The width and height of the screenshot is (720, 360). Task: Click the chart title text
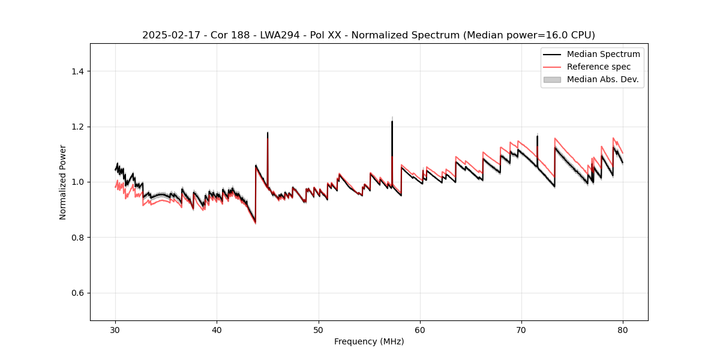[x=368, y=35]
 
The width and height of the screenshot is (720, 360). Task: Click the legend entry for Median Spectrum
[x=603, y=54]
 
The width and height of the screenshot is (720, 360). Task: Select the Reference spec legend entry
[x=598, y=67]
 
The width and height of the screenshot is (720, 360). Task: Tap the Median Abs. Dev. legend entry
[x=602, y=79]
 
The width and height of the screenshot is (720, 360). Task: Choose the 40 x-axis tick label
[x=217, y=330]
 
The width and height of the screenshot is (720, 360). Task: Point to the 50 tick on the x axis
[x=319, y=330]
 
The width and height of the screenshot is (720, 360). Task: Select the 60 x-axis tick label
[x=420, y=330]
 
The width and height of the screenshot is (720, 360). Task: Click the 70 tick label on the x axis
[x=521, y=330]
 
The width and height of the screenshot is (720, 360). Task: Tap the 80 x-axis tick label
[x=623, y=330]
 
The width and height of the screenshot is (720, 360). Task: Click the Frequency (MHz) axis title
[x=369, y=341]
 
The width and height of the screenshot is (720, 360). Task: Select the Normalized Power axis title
[x=63, y=182]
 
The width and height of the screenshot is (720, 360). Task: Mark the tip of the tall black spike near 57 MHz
[x=392, y=121]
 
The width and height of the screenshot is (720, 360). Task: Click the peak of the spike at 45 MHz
[x=268, y=133]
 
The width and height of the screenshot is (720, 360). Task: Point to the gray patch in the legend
[x=552, y=79]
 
